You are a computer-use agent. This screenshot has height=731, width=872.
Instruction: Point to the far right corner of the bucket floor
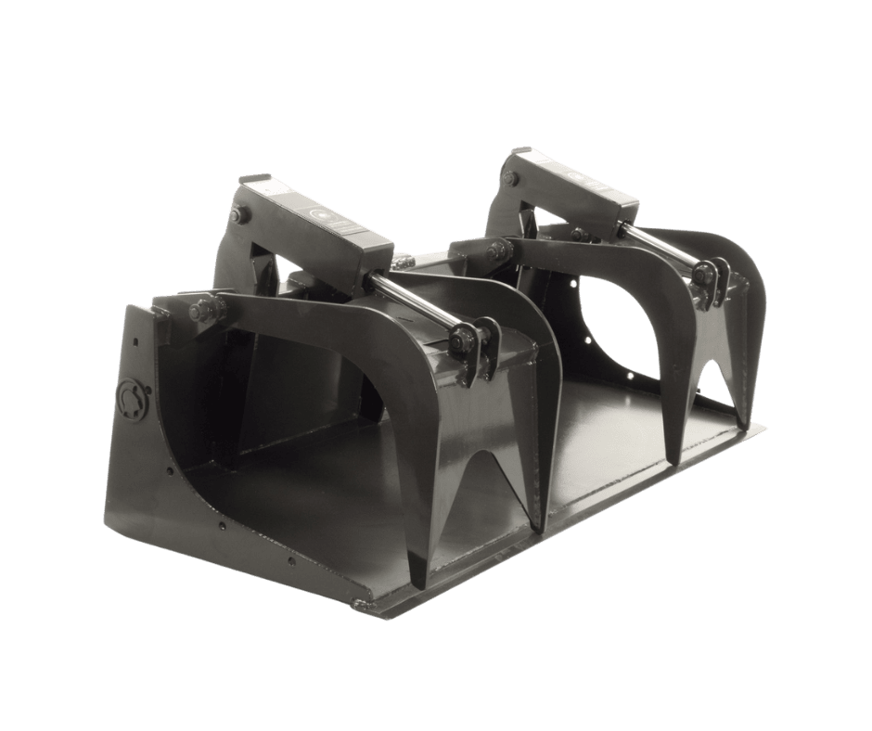pos(766,429)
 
